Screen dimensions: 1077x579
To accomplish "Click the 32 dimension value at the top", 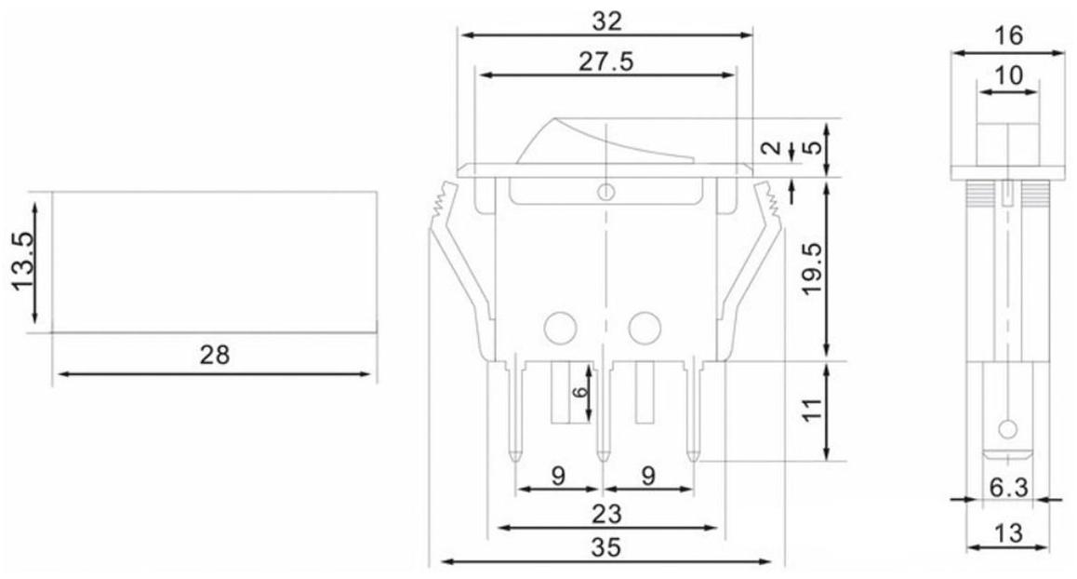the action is [x=606, y=21].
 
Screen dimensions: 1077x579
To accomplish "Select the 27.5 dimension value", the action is [x=605, y=61].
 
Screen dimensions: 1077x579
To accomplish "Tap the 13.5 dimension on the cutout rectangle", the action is [x=22, y=262].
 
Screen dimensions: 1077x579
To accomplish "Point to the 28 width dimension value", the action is [x=214, y=355].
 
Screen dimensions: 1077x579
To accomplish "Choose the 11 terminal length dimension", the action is [x=813, y=410].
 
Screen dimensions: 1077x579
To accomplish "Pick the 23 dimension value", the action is [x=606, y=513].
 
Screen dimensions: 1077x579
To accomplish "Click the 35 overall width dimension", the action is [x=605, y=547].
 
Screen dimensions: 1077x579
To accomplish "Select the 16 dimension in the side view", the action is [x=1008, y=34].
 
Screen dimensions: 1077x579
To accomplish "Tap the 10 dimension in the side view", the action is [x=1008, y=75].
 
